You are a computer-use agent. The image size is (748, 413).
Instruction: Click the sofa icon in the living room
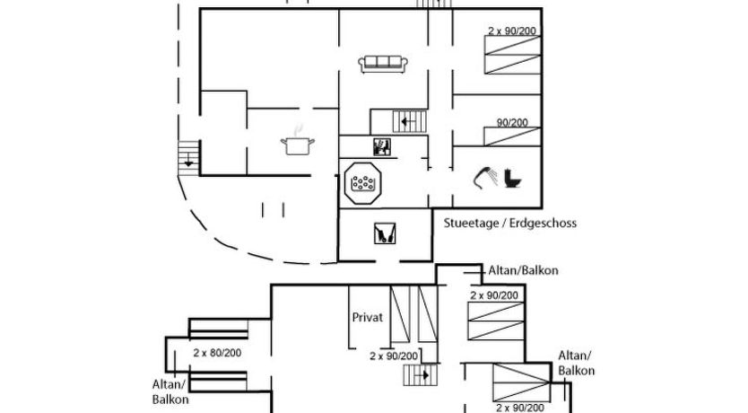point(383,64)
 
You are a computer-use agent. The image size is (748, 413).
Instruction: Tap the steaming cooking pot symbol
point(297,144)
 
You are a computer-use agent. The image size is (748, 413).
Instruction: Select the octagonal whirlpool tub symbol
point(363,183)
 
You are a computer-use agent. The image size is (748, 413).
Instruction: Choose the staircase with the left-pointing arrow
point(408,119)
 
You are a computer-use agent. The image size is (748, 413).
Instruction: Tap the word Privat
point(368,317)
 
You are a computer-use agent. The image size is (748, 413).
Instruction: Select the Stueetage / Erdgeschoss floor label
point(509,224)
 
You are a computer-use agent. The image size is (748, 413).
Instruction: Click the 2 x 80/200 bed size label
point(218,353)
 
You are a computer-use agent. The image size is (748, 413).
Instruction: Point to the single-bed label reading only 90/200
point(512,123)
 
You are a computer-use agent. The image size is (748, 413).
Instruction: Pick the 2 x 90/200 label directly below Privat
point(395,356)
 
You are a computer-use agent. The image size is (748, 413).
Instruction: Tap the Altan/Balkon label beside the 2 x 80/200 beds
point(170,391)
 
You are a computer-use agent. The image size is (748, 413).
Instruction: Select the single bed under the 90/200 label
point(512,136)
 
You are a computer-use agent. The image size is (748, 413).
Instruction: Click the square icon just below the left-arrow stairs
point(382,147)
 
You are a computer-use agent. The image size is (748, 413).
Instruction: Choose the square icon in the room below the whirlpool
point(383,234)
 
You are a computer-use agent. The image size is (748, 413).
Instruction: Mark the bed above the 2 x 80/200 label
point(217,329)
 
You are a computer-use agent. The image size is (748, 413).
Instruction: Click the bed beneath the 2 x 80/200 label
point(217,381)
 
